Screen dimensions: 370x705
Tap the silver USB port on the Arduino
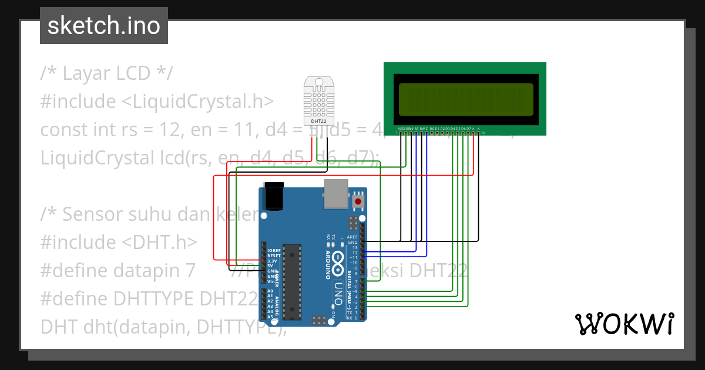(x=336, y=194)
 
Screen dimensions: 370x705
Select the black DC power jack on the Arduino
(x=274, y=196)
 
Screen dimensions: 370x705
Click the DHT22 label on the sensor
(x=318, y=121)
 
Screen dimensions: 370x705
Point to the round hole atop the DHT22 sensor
(x=318, y=82)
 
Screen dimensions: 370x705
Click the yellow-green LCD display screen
(x=466, y=99)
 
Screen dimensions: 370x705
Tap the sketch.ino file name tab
(x=104, y=26)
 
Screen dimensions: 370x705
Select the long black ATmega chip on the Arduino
(x=291, y=282)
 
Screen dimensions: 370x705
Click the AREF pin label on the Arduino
(x=352, y=237)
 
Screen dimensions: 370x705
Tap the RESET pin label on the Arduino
(x=273, y=256)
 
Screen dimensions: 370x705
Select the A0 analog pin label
(x=270, y=291)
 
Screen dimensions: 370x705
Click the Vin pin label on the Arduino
(x=270, y=281)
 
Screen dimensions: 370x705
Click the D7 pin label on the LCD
(x=468, y=129)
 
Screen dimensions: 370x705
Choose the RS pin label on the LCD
(x=417, y=129)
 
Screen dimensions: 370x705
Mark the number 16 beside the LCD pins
(x=483, y=133)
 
